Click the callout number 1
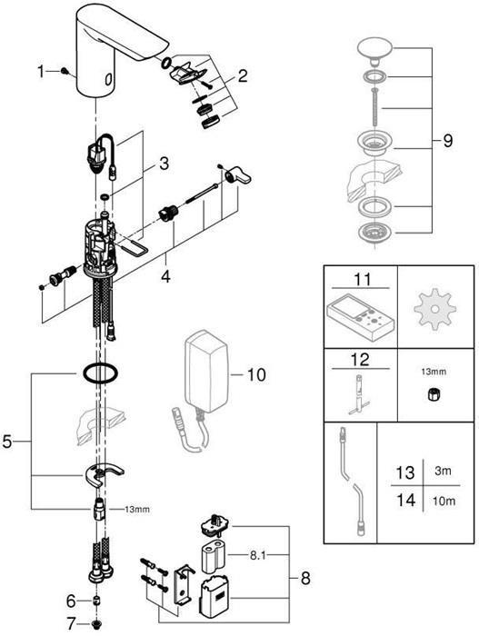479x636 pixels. point(41,71)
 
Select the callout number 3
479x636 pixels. point(164,164)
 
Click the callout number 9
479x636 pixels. point(446,143)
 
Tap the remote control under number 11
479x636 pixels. point(360,318)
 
